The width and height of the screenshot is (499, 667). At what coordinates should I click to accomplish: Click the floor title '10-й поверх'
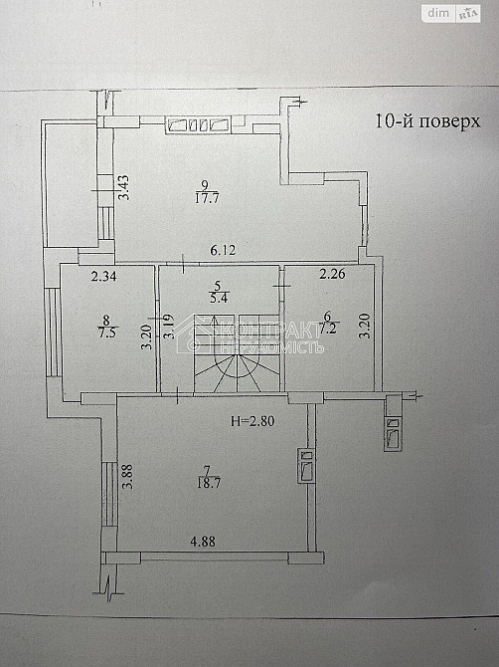pos(427,122)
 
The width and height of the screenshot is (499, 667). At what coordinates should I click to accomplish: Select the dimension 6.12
pos(207,253)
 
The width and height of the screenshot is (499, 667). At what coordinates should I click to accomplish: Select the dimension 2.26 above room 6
pos(331,276)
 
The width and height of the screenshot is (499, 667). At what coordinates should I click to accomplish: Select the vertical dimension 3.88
pos(126,476)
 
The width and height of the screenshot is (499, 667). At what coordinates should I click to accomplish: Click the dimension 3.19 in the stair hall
pos(168,328)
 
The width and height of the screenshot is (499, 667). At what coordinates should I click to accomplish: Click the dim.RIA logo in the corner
pos(451,13)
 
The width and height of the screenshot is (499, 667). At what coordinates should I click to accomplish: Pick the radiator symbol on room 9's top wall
pos(200,124)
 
